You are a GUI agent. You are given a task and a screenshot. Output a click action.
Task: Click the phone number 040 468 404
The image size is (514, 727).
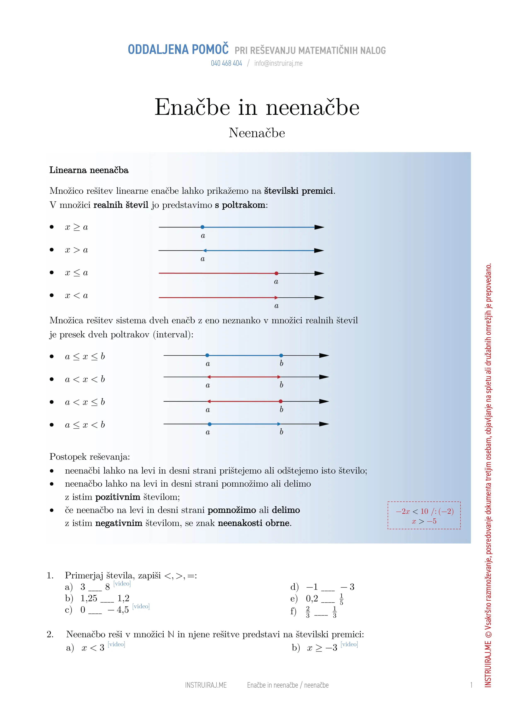[226, 63]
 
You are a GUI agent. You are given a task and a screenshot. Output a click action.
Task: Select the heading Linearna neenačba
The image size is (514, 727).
[89, 170]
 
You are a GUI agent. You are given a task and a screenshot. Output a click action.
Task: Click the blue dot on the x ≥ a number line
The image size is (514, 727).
[202, 227]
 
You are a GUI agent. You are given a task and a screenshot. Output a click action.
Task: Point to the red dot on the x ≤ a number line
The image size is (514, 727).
[276, 273]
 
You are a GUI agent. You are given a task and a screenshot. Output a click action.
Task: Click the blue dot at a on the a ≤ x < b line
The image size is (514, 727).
[210, 424]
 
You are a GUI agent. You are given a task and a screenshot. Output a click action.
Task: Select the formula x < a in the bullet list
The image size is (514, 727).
[76, 296]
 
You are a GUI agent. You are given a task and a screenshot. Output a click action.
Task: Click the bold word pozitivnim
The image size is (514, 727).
[118, 497]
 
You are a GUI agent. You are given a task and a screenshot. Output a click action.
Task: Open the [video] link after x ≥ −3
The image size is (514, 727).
[349, 644]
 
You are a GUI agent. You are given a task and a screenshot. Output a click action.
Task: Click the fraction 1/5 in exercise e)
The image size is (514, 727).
[341, 599]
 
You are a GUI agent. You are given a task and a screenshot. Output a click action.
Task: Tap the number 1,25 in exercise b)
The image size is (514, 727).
[89, 599]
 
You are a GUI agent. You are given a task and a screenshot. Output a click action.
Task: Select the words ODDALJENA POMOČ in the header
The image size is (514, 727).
[178, 50]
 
